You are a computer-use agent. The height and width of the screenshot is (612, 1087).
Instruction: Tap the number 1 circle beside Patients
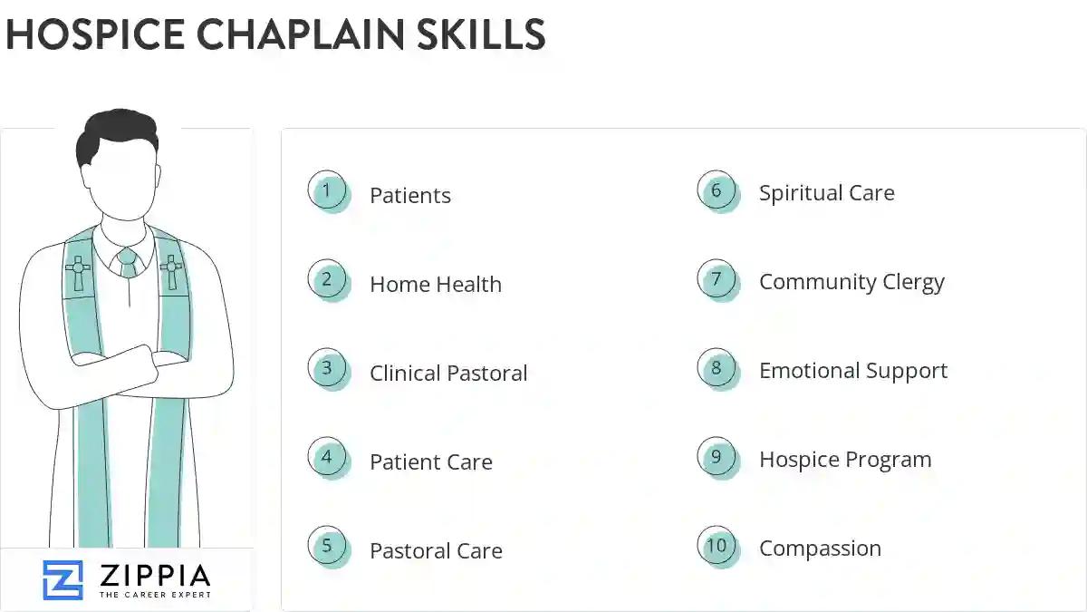(327, 191)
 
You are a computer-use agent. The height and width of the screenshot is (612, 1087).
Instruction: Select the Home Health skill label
(435, 285)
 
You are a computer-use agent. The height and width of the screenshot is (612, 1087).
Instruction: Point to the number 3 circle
(327, 369)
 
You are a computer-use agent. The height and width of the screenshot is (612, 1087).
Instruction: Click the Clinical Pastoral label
(448, 374)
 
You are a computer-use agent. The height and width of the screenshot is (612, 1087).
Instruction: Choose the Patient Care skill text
(430, 462)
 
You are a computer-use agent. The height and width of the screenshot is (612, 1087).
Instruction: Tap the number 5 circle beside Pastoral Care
(327, 547)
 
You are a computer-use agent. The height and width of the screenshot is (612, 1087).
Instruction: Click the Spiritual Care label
(826, 193)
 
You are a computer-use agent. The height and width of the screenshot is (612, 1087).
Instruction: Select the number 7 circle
(717, 280)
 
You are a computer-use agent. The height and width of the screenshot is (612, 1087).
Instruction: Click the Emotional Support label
(852, 371)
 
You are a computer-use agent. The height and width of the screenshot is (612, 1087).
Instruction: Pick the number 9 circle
(717, 458)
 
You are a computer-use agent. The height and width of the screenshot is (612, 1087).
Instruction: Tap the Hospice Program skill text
(844, 460)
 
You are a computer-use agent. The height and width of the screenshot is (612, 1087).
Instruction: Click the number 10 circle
(717, 547)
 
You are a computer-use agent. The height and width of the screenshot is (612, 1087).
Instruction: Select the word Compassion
(820, 549)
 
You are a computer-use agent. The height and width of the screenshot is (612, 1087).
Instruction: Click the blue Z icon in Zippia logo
(63, 580)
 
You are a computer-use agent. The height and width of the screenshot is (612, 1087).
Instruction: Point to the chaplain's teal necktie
(128, 262)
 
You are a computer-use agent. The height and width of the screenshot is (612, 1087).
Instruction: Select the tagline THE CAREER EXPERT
(155, 595)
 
